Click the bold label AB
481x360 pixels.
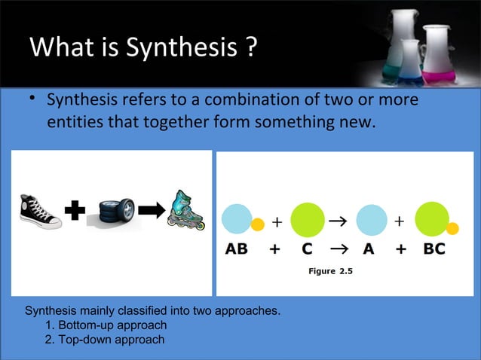237,250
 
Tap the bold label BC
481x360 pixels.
434,250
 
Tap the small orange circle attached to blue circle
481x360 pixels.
257,224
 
